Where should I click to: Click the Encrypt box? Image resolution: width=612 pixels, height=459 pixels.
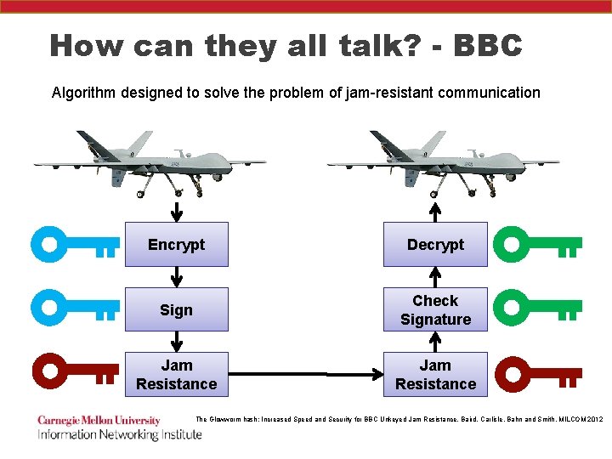pyautogui.click(x=176, y=245)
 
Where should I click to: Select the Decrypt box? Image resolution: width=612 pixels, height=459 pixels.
pyautogui.click(x=435, y=245)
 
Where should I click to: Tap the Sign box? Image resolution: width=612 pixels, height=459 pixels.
pyautogui.click(x=176, y=309)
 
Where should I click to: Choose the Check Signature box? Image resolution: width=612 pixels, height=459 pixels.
pyautogui.click(x=435, y=309)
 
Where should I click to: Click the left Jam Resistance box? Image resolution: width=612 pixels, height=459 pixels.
pyautogui.click(x=176, y=374)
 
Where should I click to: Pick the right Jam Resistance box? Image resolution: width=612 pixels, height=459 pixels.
pyautogui.click(x=435, y=374)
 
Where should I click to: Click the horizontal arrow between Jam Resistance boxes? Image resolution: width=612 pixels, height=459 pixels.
pyautogui.click(x=306, y=374)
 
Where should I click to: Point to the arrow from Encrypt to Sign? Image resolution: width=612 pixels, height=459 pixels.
pyautogui.click(x=177, y=277)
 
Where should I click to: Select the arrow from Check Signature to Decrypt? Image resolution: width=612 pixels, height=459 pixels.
pyautogui.click(x=435, y=277)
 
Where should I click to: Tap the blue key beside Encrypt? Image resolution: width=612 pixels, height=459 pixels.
pyautogui.click(x=75, y=246)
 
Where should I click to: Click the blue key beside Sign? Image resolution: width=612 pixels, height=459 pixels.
pyautogui.click(x=75, y=308)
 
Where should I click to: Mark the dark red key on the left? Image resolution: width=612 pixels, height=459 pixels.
pyautogui.click(x=75, y=372)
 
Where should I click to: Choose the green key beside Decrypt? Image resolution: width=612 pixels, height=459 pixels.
pyautogui.click(x=537, y=246)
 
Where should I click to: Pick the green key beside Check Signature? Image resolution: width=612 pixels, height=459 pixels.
pyautogui.click(x=537, y=308)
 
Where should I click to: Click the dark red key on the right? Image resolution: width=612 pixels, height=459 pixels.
pyautogui.click(x=537, y=372)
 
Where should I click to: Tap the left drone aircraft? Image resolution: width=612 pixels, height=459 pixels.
pyautogui.click(x=149, y=161)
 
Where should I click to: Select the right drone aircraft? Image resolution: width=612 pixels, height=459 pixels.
pyautogui.click(x=442, y=161)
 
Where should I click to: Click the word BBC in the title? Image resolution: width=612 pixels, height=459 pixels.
pyautogui.click(x=488, y=45)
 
